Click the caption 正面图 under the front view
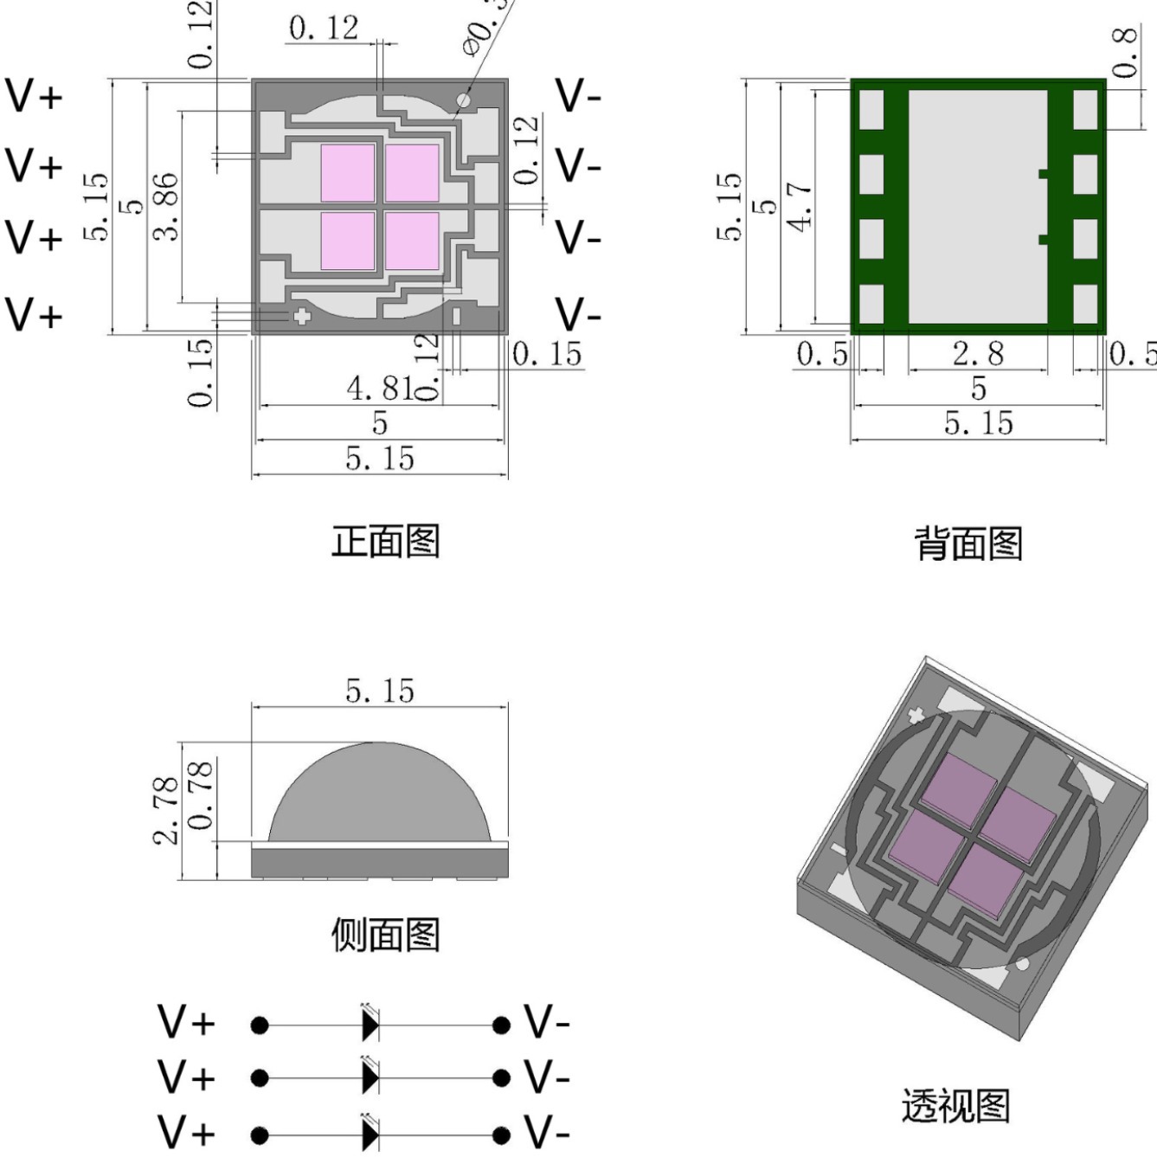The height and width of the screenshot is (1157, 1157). click(386, 542)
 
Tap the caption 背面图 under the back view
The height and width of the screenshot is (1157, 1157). click(968, 543)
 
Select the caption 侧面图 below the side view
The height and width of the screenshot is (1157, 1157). click(386, 935)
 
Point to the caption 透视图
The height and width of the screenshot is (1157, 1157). click(955, 1106)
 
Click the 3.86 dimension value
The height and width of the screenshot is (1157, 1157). click(166, 205)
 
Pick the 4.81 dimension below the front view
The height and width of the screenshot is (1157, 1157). click(381, 389)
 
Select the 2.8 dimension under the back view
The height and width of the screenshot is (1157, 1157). click(978, 353)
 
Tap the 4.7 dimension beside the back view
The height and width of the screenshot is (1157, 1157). click(800, 206)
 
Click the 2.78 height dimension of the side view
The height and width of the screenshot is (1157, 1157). click(165, 810)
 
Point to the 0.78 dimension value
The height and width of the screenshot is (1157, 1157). click(200, 794)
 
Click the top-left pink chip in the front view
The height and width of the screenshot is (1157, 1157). click(348, 172)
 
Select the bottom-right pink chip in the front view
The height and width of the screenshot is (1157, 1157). click(412, 240)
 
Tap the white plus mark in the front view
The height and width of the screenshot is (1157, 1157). click(301, 316)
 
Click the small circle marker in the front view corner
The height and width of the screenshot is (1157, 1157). click(464, 101)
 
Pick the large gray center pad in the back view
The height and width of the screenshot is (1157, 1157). click(978, 206)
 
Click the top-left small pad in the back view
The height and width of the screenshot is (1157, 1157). click(871, 110)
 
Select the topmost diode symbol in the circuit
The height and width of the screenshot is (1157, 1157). click(370, 1025)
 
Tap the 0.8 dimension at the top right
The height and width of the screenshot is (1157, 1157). click(1124, 52)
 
